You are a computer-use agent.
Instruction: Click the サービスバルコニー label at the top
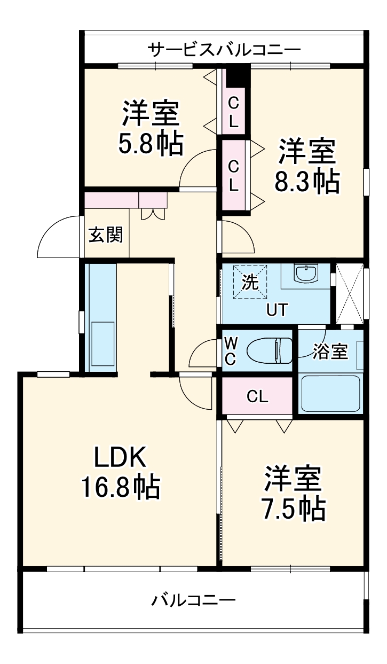tap(224, 50)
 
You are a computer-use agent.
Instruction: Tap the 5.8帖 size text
tap(151, 143)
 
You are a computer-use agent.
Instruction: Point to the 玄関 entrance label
tap(106, 234)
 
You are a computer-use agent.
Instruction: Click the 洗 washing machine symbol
tap(251, 282)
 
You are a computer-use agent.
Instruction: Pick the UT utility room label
tap(278, 310)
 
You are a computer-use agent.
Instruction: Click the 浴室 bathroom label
tap(330, 352)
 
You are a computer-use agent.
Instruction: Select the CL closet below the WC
tap(257, 396)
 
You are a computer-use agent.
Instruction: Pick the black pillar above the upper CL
tap(237, 75)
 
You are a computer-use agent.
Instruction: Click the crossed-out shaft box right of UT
tap(350, 293)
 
